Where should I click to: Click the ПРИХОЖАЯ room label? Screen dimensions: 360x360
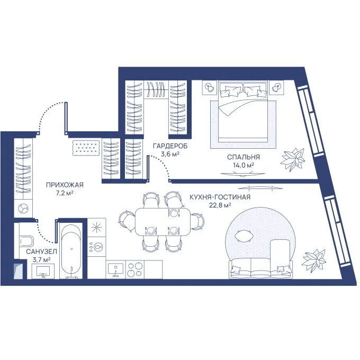[65, 185]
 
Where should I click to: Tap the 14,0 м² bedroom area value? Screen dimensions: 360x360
[243, 165]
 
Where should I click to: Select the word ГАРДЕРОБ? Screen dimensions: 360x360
[170, 146]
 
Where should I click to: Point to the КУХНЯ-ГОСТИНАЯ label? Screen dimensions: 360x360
[220, 197]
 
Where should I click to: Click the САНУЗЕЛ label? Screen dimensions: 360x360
[41, 251]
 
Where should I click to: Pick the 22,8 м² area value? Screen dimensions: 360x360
[220, 205]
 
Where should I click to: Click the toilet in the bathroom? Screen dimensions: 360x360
[26, 241]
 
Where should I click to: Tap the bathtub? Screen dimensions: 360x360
[71, 251]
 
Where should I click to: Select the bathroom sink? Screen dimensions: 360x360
[43, 271]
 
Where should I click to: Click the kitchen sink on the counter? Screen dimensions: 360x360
[116, 269]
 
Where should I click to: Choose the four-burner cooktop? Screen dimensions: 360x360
[135, 269]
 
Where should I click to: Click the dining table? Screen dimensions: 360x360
[163, 221]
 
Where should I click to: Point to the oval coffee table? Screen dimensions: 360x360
[244, 236]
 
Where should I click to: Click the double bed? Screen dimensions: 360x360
[243, 111]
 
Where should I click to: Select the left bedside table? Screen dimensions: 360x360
[210, 87]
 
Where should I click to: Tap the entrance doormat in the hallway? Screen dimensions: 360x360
[86, 148]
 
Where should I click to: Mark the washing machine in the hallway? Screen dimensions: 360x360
[23, 208]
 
